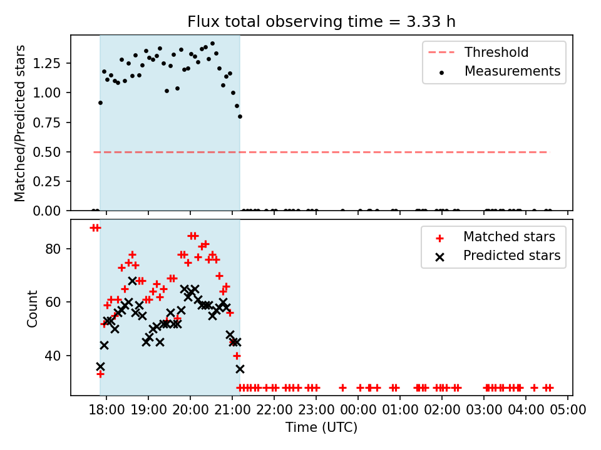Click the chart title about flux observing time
[x=321, y=21]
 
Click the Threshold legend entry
[x=478, y=52]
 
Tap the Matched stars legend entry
[x=495, y=237]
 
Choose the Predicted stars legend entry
[x=498, y=256]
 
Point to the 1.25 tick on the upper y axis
[x=47, y=63]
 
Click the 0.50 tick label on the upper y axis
[x=47, y=152]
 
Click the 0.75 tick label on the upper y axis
[x=47, y=122]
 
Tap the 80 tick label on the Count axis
[x=53, y=249]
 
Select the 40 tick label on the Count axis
[x=53, y=356]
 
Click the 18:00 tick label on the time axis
[x=106, y=410]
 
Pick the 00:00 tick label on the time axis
[x=357, y=410]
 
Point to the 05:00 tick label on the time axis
[x=568, y=410]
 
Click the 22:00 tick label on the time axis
[x=274, y=410]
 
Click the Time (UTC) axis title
[x=321, y=427]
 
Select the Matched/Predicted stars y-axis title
[x=20, y=123]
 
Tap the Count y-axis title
[x=32, y=308]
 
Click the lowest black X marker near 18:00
[x=100, y=367]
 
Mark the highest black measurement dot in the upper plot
[x=213, y=44]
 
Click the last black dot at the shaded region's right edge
[x=240, y=117]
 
